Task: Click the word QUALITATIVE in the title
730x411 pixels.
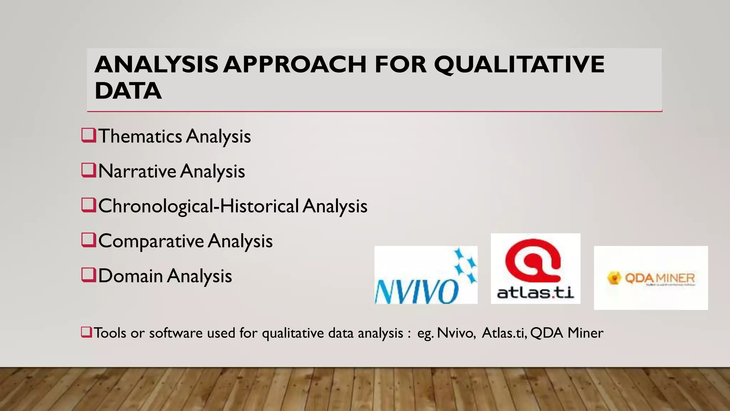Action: pyautogui.click(x=519, y=65)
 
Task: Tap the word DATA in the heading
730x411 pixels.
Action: pyautogui.click(x=128, y=91)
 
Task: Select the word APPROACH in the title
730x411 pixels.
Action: pyautogui.click(x=295, y=65)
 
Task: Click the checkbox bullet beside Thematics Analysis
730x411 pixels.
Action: pyautogui.click(x=88, y=136)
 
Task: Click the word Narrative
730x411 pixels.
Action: pyautogui.click(x=137, y=171)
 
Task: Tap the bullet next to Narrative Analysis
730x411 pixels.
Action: pyautogui.click(x=88, y=171)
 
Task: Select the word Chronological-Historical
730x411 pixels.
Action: pyautogui.click(x=198, y=206)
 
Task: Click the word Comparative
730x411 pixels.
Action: pyautogui.click(x=151, y=242)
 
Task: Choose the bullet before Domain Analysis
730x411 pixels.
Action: pyautogui.click(x=88, y=275)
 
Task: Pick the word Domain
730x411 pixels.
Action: pyautogui.click(x=130, y=276)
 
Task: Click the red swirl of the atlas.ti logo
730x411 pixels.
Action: pyautogui.click(x=533, y=260)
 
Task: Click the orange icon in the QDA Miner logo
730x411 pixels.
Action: pyautogui.click(x=614, y=278)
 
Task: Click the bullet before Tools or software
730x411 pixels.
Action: pyautogui.click(x=86, y=332)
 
